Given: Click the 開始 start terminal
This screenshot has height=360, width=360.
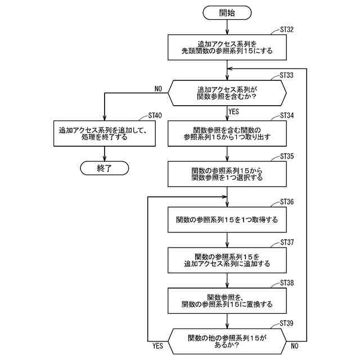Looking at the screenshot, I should (x=227, y=12).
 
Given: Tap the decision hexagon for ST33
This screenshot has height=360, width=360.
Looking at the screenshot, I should (x=227, y=92).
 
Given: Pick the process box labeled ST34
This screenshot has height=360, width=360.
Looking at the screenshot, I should (x=227, y=133).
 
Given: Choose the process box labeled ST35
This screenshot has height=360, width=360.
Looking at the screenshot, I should (x=227, y=174).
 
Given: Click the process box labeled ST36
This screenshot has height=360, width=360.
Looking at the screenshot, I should (x=227, y=219).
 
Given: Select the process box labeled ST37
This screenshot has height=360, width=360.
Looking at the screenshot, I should (x=227, y=259).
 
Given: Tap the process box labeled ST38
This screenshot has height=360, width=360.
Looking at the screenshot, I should (x=227, y=300).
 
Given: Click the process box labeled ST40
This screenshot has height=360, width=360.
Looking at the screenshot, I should (x=104, y=133).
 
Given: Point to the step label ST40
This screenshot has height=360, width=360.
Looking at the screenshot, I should (x=155, y=115).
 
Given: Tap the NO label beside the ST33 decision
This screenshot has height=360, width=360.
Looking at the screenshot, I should (x=157, y=88).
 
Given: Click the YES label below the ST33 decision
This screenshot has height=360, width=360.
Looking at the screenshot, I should (x=235, y=111).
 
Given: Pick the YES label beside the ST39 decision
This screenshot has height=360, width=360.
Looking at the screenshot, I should (x=158, y=346).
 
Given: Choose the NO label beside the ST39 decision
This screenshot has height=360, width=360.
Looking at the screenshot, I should (x=295, y=346).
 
